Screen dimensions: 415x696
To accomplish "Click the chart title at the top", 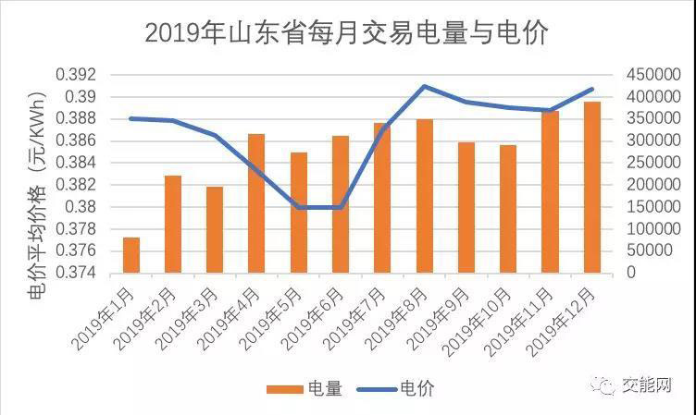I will [x=347, y=32].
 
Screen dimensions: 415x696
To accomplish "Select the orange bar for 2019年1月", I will [x=131, y=255].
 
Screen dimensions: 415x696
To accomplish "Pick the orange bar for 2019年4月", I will [x=256, y=203].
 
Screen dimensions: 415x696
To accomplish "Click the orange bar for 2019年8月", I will [x=424, y=196].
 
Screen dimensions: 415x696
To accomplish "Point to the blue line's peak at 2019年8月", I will [x=424, y=86].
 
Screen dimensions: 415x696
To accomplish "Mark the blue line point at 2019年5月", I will [x=299, y=207].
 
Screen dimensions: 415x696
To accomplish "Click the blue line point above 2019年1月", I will [x=131, y=118].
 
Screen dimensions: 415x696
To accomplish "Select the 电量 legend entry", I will [x=304, y=389].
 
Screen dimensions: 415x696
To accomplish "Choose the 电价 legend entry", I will [x=399, y=389].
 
